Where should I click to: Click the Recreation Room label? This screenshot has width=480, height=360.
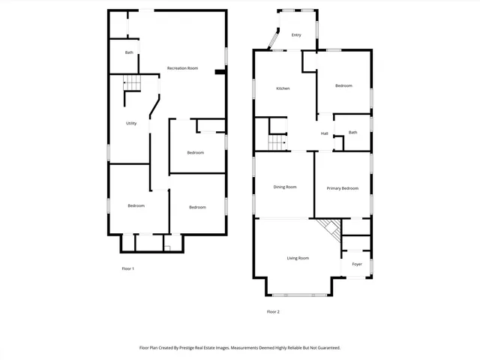point(182,68)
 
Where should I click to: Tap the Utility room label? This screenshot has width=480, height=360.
point(131,123)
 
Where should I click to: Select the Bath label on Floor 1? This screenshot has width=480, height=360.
point(129,52)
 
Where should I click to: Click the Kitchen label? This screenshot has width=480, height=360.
point(283,88)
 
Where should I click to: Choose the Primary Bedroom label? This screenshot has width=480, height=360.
point(342,188)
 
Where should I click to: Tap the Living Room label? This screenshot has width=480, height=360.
point(298,258)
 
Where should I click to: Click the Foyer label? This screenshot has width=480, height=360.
point(357,264)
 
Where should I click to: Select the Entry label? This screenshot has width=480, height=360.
point(296,35)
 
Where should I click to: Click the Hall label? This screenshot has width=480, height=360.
point(325,133)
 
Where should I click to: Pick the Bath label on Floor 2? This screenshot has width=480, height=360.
point(352,132)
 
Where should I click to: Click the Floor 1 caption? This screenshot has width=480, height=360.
point(127,268)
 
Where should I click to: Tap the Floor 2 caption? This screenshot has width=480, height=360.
point(273,311)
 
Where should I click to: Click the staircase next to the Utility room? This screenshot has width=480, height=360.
point(132,82)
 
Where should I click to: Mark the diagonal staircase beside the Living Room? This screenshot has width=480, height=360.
point(328,228)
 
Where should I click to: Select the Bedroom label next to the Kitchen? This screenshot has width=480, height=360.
point(343,86)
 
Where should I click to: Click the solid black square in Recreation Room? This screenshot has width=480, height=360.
point(218,72)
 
